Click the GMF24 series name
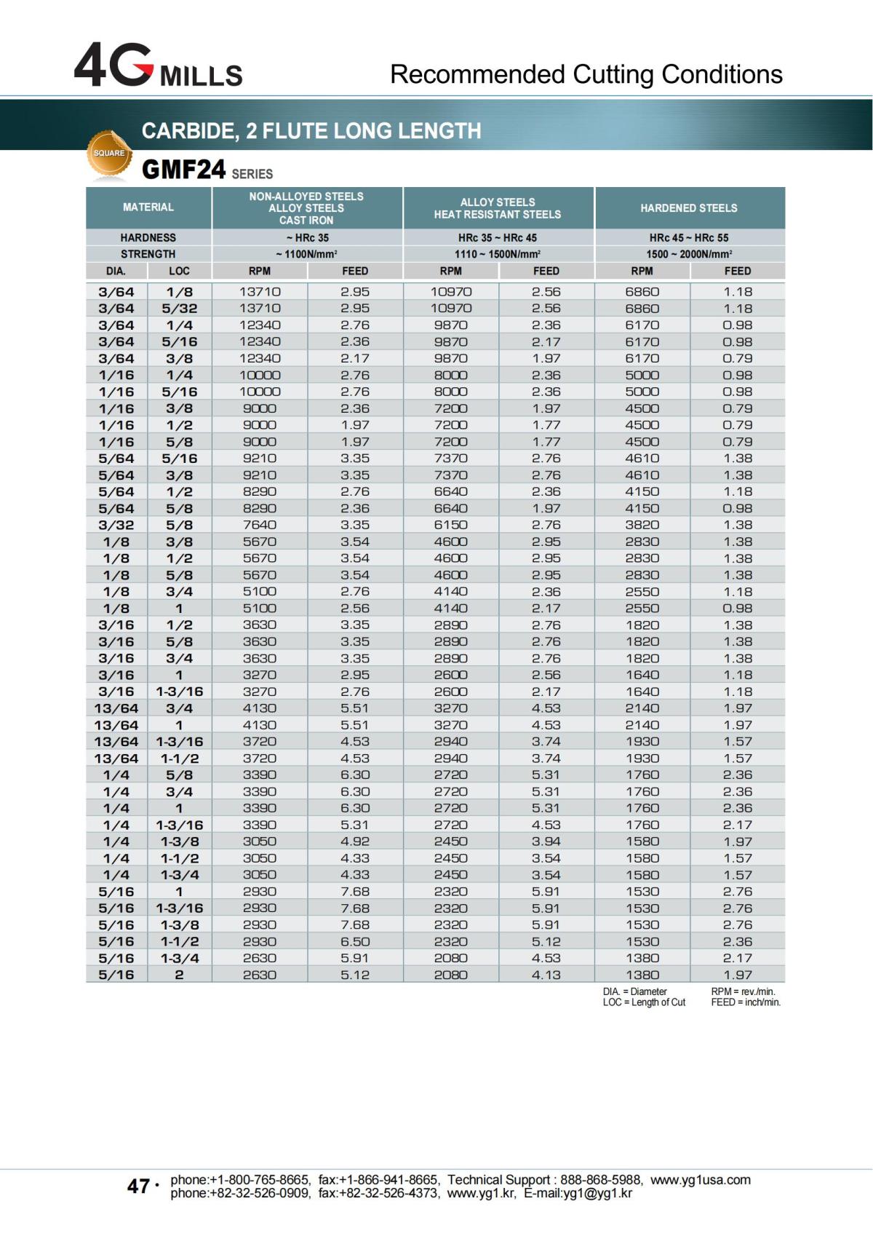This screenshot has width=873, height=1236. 184,170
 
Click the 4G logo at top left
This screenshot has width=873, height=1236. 113,66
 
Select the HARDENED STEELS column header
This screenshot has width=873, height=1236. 688,208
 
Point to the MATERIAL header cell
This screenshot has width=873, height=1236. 148,207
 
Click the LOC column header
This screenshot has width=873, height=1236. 179,271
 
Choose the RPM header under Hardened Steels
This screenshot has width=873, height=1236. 642,271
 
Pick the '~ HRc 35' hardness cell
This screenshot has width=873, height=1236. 307,237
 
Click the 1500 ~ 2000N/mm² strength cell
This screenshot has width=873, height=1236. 688,254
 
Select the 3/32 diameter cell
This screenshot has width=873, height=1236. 116,525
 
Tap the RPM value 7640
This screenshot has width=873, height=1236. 260,525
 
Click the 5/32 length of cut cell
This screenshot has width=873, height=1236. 179,309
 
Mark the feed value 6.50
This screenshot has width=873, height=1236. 355,942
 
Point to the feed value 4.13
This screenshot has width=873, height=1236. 546,975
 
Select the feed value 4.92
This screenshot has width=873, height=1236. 355,841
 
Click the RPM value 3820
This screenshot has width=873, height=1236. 642,525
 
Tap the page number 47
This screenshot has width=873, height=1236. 138,1187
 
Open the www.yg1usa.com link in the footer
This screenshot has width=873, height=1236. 700,1180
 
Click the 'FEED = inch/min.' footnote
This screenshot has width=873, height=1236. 745,1002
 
